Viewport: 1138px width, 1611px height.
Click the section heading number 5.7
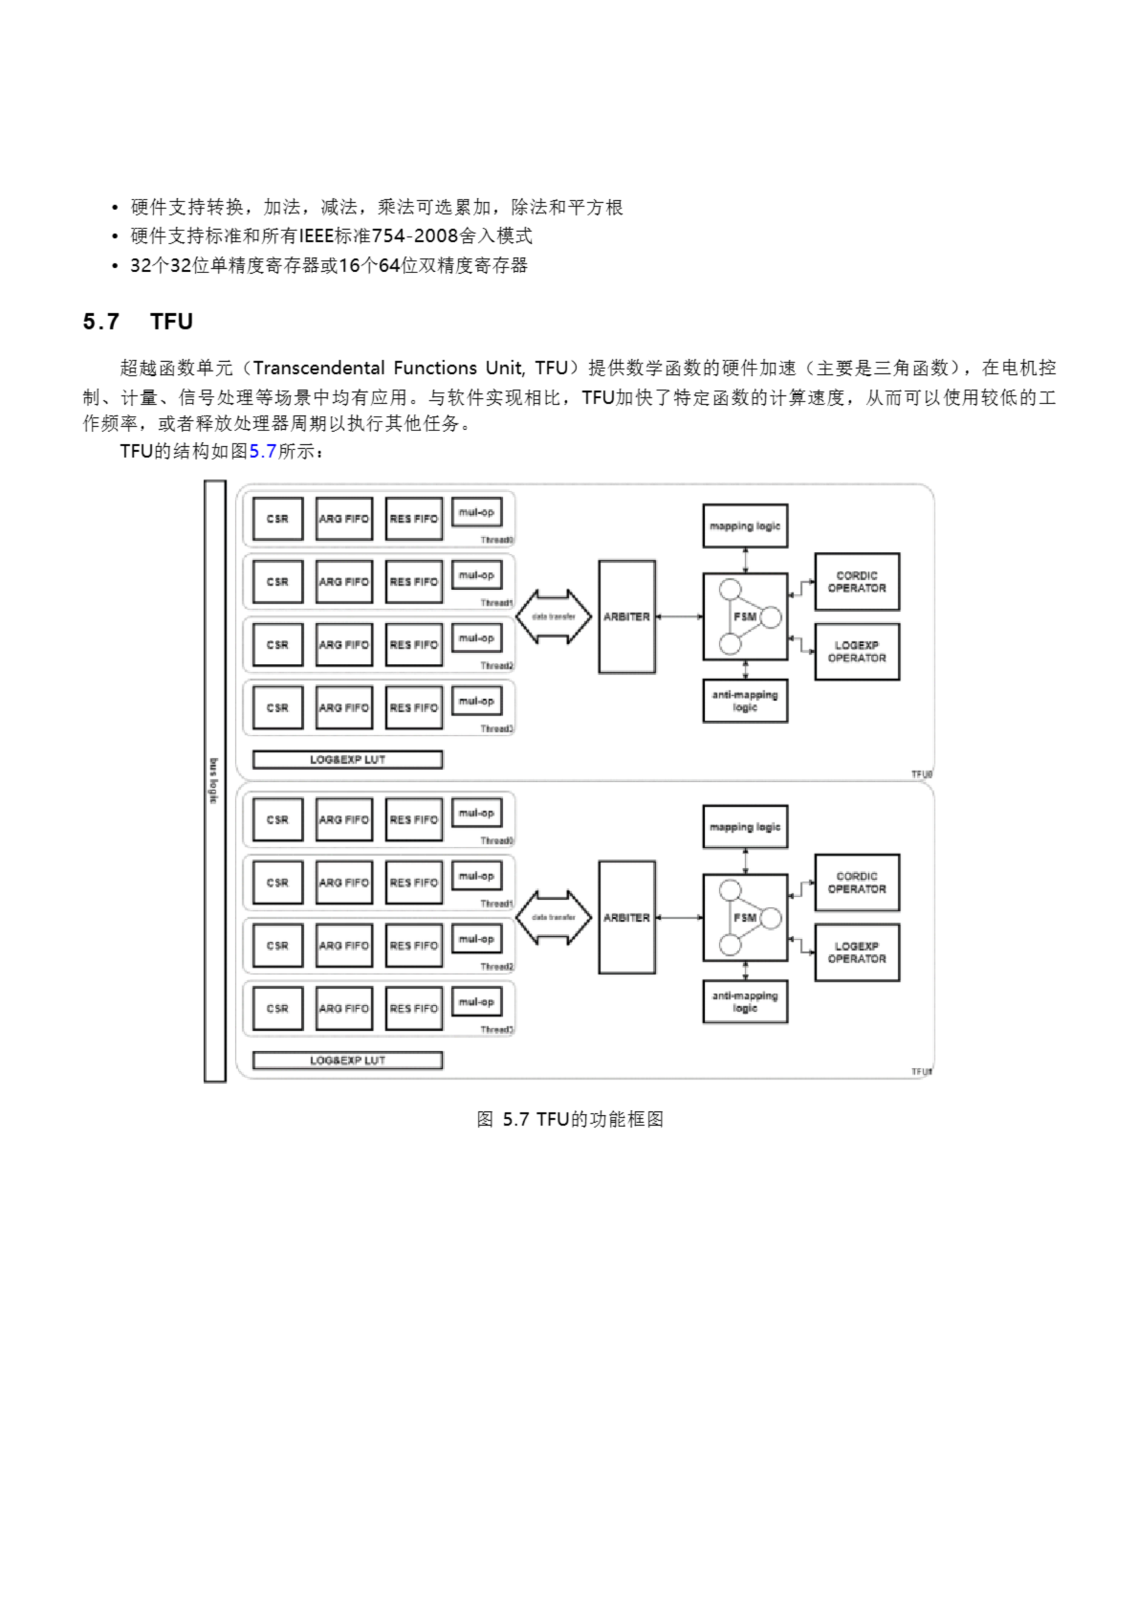(101, 322)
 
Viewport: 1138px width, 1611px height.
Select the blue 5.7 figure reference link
(262, 451)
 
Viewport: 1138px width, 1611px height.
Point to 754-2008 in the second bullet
(414, 237)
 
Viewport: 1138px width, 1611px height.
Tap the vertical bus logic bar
(214, 781)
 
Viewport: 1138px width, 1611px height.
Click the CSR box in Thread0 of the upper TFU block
(278, 519)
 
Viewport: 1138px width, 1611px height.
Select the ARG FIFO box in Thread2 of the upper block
(343, 645)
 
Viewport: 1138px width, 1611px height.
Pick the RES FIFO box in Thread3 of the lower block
(414, 1008)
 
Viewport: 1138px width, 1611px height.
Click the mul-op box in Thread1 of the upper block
(477, 575)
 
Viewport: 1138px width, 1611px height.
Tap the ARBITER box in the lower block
(627, 917)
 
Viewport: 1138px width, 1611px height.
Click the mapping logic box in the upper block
(744, 525)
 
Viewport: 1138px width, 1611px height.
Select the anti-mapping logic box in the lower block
(744, 1001)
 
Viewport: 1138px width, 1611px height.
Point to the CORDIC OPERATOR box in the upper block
(857, 581)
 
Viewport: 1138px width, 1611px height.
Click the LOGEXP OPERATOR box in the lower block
(857, 952)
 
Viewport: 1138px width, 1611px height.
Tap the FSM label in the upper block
(744, 617)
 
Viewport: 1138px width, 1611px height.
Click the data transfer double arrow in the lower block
(554, 917)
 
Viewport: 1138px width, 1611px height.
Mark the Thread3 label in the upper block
(497, 729)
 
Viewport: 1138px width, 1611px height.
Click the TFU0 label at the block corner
(921, 775)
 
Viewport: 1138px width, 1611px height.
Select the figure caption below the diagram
(570, 1119)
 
